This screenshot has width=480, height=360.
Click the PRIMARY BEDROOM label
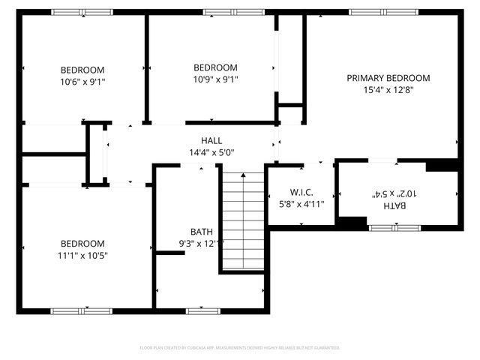coord(388,78)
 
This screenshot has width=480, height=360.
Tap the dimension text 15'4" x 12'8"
coord(388,89)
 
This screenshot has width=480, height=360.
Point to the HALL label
coord(211,141)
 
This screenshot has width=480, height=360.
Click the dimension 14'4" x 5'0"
coord(211,152)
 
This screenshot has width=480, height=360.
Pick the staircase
coord(243,221)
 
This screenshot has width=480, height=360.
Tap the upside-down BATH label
coord(392,205)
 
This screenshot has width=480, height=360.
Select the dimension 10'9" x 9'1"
coord(215,79)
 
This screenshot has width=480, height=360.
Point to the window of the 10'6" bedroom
coord(82,12)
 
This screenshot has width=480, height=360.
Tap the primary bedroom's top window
coord(379,12)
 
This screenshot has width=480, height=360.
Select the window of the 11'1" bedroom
coord(82,310)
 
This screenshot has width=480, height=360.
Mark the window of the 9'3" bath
coord(202,310)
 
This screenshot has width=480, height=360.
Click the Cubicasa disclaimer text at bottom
coord(240,348)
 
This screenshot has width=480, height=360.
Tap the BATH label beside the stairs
coord(202,232)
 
